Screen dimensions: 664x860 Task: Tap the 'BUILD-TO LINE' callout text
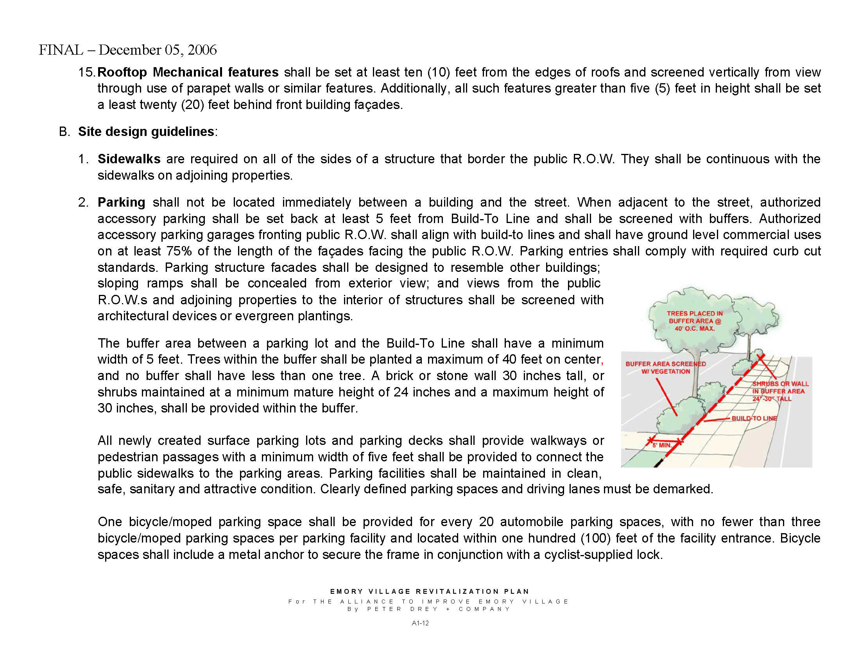[754, 418]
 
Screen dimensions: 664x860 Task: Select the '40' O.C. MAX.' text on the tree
[695, 328]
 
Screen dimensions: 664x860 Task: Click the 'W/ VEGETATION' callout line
[665, 371]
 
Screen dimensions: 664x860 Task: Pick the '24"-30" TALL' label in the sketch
[772, 399]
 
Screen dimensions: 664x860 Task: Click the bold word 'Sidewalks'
[129, 159]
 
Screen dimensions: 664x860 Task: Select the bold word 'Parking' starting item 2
[121, 202]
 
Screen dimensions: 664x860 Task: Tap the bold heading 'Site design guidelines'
[146, 131]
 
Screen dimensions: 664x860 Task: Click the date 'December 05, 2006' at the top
[158, 50]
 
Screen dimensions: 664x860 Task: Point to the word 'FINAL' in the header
[61, 50]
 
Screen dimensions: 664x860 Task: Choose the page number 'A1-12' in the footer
[420, 623]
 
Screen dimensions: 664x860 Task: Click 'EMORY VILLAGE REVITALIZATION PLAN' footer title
[430, 591]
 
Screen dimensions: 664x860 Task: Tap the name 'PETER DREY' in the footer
[402, 609]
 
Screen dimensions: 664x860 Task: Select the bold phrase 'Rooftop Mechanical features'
[188, 72]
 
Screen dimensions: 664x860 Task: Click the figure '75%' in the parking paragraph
[179, 251]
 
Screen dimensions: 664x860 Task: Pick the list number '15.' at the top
[86, 72]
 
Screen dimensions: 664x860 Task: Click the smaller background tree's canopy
[756, 315]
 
